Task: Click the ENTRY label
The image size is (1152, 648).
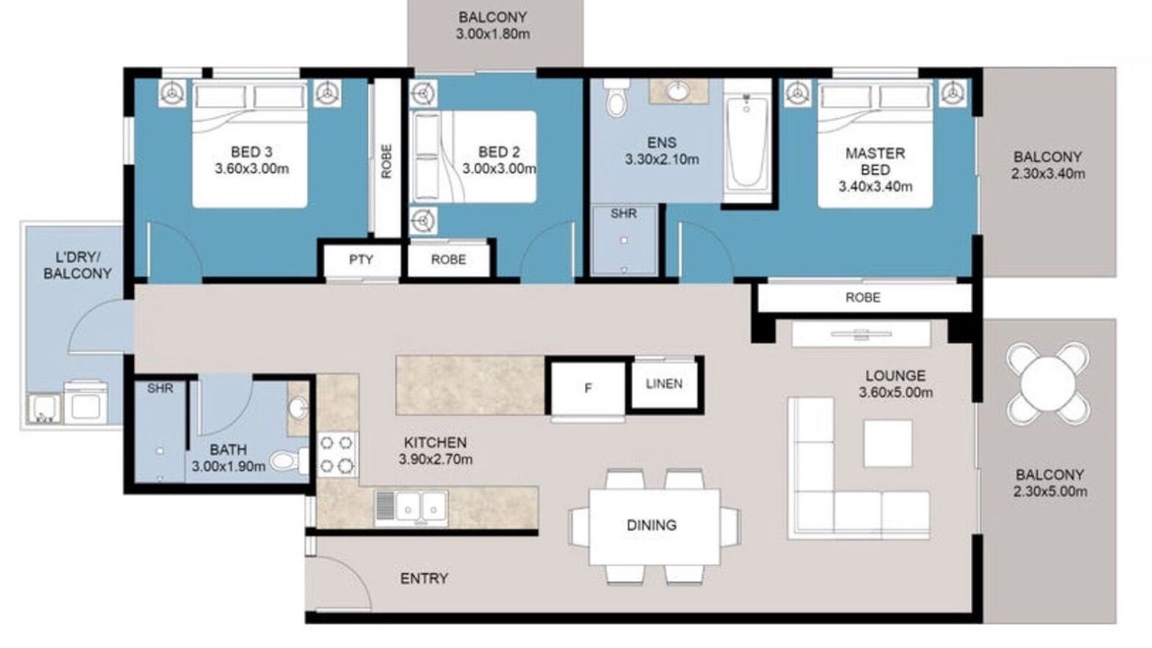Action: [424, 579]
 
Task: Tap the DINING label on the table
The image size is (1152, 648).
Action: [651, 525]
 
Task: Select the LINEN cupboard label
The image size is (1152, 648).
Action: [664, 383]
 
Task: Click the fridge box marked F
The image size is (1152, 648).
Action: [589, 388]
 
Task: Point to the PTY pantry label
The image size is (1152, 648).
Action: [361, 259]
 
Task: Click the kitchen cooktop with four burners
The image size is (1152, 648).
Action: [337, 454]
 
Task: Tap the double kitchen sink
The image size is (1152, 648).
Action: [411, 508]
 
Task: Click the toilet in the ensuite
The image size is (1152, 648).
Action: [616, 98]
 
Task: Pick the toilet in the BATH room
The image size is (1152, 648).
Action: [289, 461]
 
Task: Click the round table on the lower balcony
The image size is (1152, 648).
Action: [1048, 383]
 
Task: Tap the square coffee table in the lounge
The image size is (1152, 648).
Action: [887, 444]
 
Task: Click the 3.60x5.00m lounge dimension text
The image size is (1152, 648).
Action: [895, 393]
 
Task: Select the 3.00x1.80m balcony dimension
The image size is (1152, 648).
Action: [492, 34]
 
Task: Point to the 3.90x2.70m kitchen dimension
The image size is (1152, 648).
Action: [436, 459]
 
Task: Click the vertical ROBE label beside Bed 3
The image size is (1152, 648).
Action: [386, 161]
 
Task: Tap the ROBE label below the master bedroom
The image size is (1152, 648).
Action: [862, 297]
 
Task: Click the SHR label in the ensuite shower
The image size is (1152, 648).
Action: [624, 213]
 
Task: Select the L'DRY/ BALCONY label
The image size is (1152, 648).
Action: [77, 265]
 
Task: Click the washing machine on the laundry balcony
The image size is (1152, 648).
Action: [85, 401]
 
